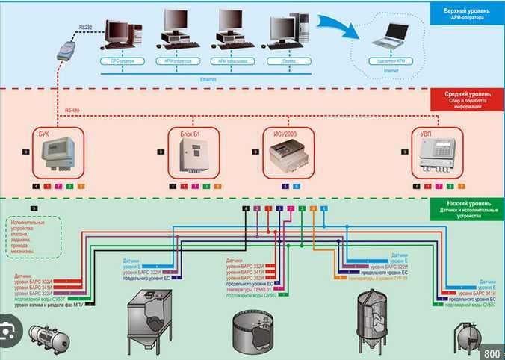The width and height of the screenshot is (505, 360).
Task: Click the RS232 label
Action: coord(86,28)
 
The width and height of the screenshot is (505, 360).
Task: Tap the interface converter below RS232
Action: coord(66,52)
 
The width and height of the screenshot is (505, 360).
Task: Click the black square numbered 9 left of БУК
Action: coord(26,152)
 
